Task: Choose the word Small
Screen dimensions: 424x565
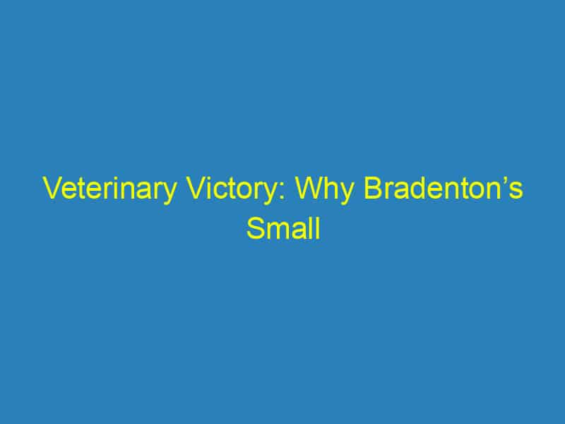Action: pos(282,229)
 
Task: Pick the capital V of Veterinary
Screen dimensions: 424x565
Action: pos(52,191)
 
